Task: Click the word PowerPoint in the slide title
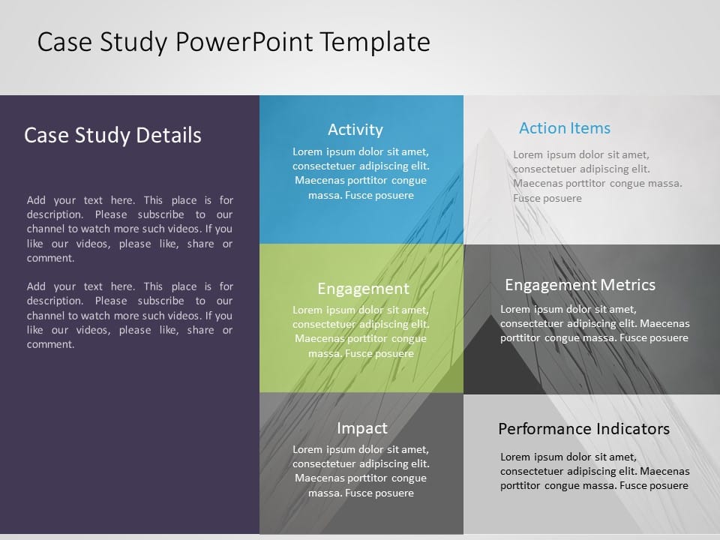tap(244, 42)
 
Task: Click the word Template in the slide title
tap(375, 43)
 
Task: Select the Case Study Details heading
tap(112, 136)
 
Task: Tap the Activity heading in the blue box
tap(355, 130)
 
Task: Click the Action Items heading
tap(565, 128)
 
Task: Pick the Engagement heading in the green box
tap(363, 289)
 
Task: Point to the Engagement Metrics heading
tap(580, 285)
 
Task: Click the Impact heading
tap(362, 428)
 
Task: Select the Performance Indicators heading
tap(583, 429)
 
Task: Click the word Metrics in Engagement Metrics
tap(628, 285)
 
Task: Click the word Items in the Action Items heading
tap(590, 128)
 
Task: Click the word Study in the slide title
tap(133, 43)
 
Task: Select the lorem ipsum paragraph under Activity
tap(361, 173)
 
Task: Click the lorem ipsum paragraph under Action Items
tap(598, 177)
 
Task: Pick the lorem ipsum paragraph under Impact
tap(361, 471)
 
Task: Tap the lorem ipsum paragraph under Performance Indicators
tap(595, 471)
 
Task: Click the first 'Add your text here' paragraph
tap(130, 229)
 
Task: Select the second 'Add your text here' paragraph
tap(130, 316)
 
